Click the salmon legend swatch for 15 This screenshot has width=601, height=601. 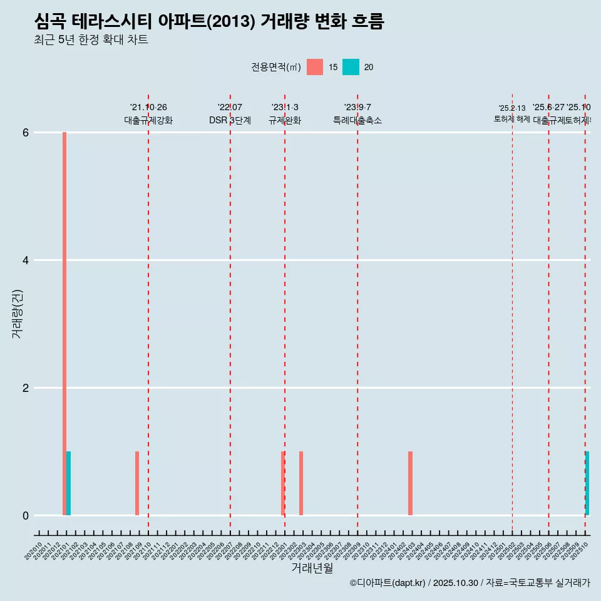tap(315, 67)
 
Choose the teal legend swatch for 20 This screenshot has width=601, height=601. tap(351, 67)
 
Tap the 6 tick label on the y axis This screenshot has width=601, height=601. tap(26, 133)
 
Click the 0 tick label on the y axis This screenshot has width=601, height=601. tap(26, 516)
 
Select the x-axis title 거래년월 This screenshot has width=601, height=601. tap(312, 568)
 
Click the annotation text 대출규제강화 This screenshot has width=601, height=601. tap(148, 120)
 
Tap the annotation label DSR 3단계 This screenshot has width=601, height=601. tap(230, 120)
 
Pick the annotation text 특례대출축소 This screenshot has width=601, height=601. tap(357, 120)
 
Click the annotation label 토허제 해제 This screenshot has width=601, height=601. tap(512, 119)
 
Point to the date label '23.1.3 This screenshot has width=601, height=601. tap(285, 107)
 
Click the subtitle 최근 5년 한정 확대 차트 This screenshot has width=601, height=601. tap(91, 40)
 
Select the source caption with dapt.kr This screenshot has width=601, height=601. tap(470, 583)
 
